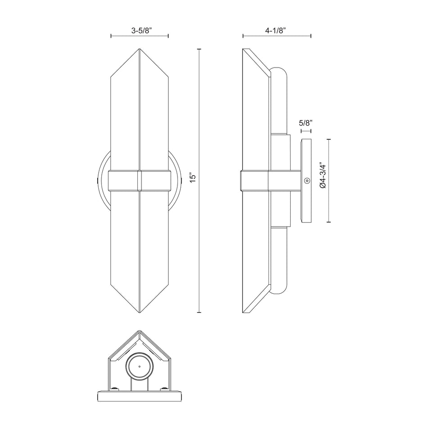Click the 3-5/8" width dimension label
pos(140,31)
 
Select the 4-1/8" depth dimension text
pos(277,31)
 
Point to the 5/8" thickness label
pos(306,123)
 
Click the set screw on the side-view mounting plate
pos(307,181)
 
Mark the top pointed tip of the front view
pos(140,49)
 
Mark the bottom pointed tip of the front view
pos(140,312)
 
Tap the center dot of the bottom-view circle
pos(139,367)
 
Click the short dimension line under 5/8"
pos(306,131)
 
